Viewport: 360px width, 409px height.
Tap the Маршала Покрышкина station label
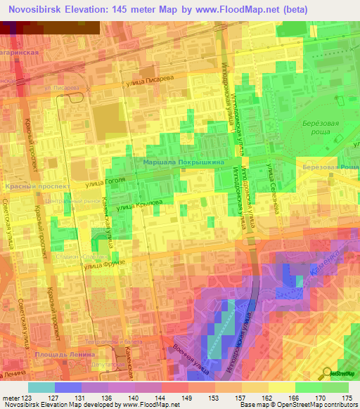(184, 162)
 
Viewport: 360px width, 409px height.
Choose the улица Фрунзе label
(104, 264)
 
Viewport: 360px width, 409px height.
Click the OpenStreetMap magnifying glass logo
(326, 373)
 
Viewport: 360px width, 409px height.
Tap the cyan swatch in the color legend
(41, 387)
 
